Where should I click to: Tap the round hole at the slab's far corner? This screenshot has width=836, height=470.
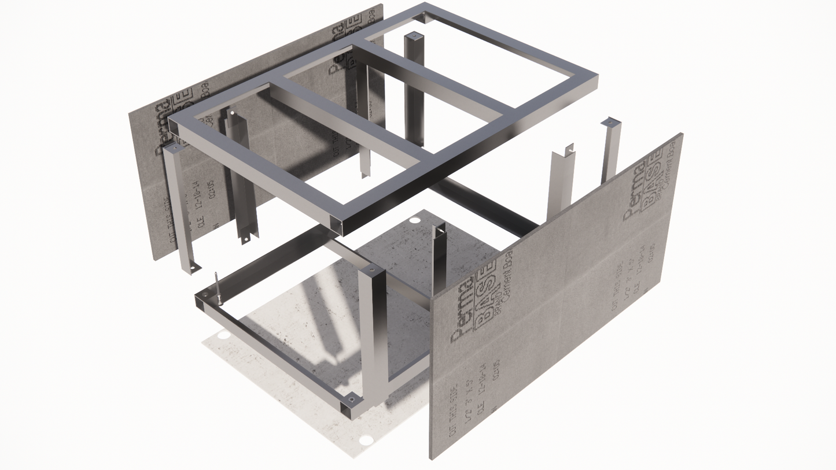tap(415, 220)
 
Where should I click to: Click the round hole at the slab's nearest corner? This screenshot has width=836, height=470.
tap(366, 441)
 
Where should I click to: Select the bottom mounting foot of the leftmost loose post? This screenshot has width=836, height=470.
tap(193, 268)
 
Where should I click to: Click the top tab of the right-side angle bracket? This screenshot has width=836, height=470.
tap(569, 148)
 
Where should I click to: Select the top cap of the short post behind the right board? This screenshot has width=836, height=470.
tap(610, 122)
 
